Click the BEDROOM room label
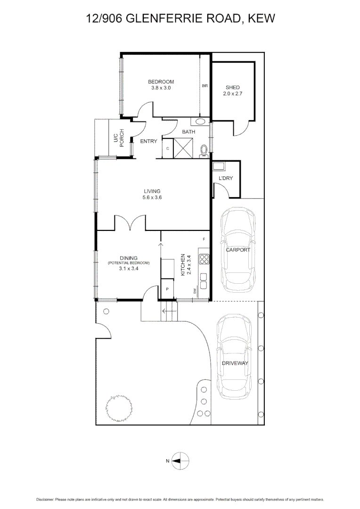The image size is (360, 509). (162, 82)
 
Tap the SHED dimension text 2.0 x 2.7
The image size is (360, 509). (232, 94)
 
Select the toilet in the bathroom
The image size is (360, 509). (204, 150)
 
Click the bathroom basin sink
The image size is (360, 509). (200, 121)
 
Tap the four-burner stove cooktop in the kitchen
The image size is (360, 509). (204, 259)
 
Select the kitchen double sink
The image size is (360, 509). (204, 281)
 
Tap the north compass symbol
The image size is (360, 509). (180, 461)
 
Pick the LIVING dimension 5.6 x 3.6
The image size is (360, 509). (152, 197)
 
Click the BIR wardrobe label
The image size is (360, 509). (205, 86)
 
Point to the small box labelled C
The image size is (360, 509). (168, 149)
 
